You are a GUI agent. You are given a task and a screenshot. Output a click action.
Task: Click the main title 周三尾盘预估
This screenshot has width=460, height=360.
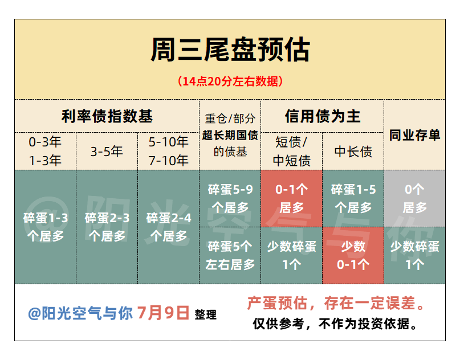click(x=230, y=50)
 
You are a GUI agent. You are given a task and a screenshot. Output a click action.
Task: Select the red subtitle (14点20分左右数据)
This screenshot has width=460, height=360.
click(x=230, y=81)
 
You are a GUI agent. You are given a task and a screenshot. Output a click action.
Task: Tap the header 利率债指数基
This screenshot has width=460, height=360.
click(x=107, y=116)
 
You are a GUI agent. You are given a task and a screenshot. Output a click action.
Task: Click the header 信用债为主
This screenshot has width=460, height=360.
click(x=323, y=116)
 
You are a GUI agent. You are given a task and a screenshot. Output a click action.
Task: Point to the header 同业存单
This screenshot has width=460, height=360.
click(x=414, y=135)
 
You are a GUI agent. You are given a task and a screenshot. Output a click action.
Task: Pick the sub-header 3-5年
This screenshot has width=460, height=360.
click(x=107, y=152)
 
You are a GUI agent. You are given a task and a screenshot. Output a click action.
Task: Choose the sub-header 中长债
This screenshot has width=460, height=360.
click(x=353, y=152)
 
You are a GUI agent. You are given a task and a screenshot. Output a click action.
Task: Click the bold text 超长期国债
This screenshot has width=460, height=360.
click(x=230, y=135)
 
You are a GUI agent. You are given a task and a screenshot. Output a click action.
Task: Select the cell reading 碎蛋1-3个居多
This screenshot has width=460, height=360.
click(x=46, y=227)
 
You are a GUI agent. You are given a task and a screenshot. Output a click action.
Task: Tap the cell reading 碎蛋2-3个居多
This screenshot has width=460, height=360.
click(x=107, y=227)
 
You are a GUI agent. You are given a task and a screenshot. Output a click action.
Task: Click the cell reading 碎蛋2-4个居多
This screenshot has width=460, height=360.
click(x=169, y=227)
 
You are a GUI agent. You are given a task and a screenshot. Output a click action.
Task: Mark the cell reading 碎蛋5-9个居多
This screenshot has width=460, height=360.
click(x=230, y=198)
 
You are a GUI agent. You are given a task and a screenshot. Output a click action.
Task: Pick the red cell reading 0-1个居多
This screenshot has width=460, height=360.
click(x=292, y=198)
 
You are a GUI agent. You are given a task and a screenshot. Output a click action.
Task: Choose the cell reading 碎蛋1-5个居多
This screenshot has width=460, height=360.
click(x=353, y=198)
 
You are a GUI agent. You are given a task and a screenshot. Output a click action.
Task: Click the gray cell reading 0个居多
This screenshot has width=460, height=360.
click(x=414, y=198)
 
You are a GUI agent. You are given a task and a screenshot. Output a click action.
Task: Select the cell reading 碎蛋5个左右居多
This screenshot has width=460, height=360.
click(x=230, y=255)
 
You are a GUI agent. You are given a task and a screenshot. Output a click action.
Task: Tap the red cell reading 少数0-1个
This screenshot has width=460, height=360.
click(x=353, y=255)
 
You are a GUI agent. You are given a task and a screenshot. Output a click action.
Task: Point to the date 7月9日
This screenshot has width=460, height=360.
click(x=163, y=313)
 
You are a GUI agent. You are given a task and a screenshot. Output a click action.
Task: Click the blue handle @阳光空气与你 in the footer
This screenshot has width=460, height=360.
click(x=80, y=313)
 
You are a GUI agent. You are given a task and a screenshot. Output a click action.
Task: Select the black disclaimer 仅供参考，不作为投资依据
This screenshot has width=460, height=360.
click(x=335, y=324)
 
